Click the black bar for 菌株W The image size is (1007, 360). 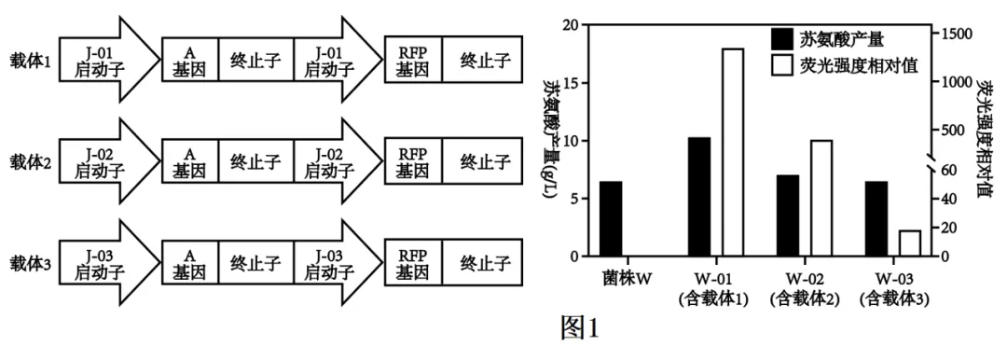(x=611, y=218)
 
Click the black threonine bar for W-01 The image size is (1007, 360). (x=699, y=196)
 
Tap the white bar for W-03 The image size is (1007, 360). (x=910, y=242)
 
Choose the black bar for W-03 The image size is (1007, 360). (x=876, y=218)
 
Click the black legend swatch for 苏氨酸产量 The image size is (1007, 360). (x=780, y=39)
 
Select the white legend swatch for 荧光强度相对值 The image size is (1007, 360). (x=780, y=65)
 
